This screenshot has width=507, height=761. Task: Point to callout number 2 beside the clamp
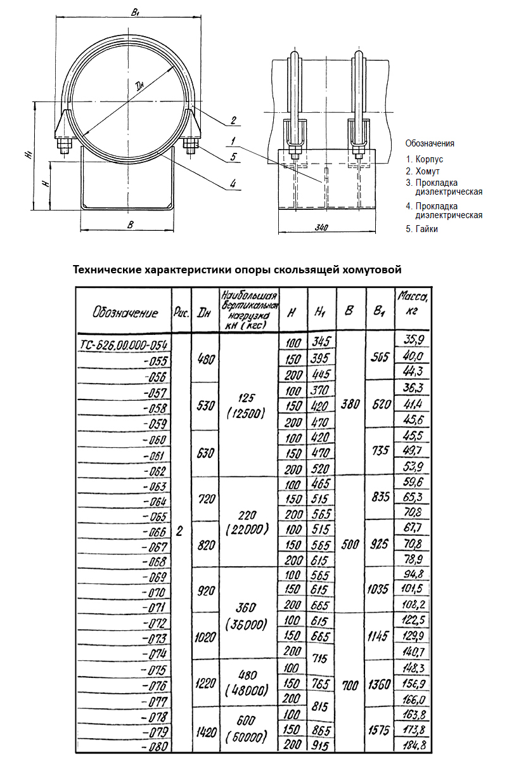tap(233, 120)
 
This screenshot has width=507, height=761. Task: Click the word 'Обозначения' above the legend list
tap(430, 143)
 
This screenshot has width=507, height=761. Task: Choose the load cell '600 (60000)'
tap(248, 731)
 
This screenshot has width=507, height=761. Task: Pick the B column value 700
tap(351, 686)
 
